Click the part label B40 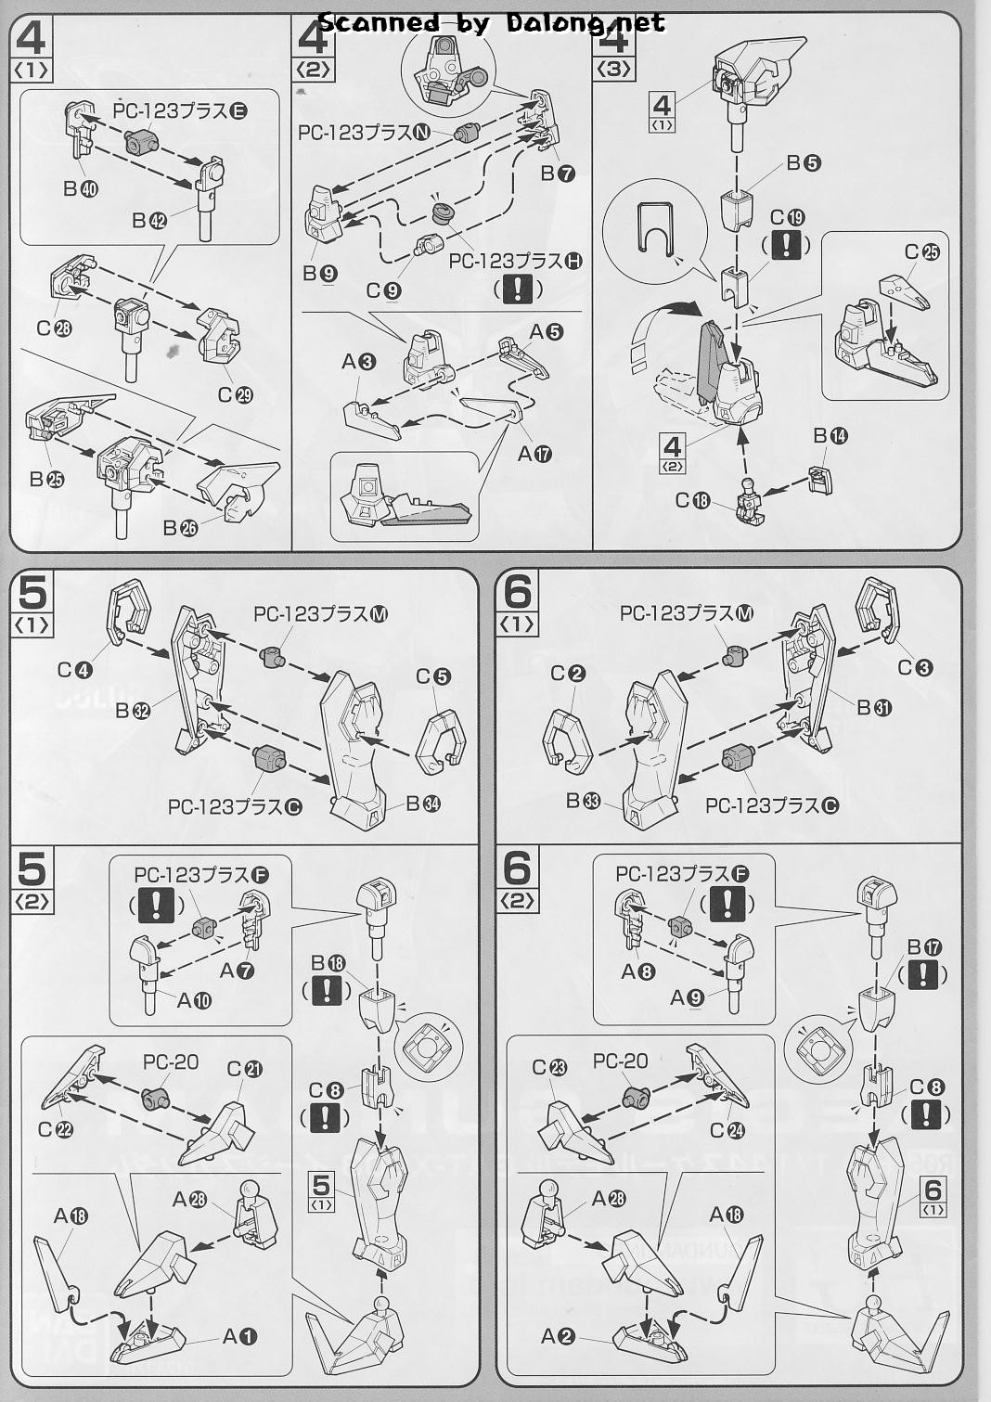81,188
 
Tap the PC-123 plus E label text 180,111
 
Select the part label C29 236,395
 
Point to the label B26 180,527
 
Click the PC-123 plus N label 365,133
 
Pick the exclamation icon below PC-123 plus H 517,289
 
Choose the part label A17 534,453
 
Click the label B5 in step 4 804,163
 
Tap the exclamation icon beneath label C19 786,245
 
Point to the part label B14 830,435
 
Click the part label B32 133,711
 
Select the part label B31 874,708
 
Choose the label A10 194,1000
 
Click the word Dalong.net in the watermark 586,24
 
